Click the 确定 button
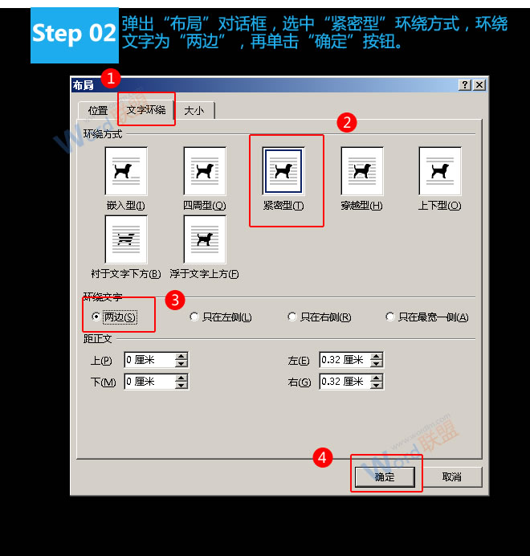click(x=385, y=477)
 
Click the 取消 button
click(x=452, y=477)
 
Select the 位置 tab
click(x=98, y=111)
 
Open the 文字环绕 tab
click(x=146, y=109)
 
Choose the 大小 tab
click(x=194, y=111)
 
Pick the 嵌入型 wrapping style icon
click(x=126, y=171)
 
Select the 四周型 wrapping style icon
click(x=204, y=171)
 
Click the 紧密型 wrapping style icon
click(x=283, y=171)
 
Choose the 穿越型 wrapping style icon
click(x=362, y=171)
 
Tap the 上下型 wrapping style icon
click(x=440, y=171)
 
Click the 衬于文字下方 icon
click(x=126, y=239)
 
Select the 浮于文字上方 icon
click(x=204, y=239)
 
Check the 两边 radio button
click(x=97, y=317)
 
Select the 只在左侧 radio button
click(x=194, y=317)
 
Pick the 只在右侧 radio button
click(x=292, y=317)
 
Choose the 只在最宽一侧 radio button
click(x=390, y=317)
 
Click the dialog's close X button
click(x=479, y=85)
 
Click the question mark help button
click(x=465, y=85)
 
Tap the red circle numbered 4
click(x=322, y=457)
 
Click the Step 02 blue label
click(x=74, y=34)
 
